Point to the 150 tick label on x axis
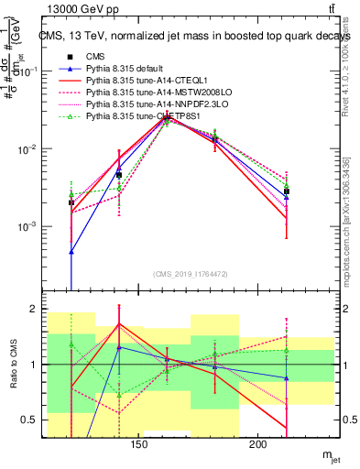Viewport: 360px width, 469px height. point(139,446)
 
